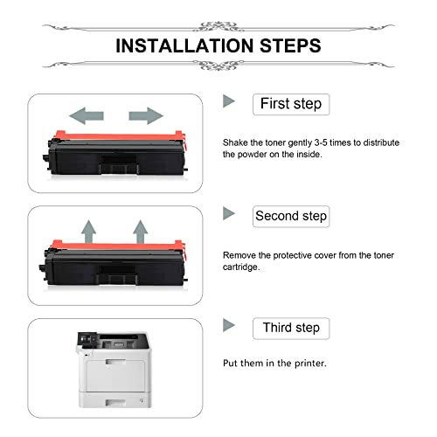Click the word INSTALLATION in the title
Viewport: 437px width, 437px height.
(184, 45)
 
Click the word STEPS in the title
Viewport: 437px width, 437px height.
(290, 45)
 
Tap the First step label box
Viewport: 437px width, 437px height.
(291, 104)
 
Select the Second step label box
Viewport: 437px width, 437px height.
(291, 217)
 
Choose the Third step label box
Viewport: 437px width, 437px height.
(291, 329)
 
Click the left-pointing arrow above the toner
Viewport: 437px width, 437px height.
(87, 115)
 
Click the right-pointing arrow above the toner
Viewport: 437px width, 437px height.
(146, 115)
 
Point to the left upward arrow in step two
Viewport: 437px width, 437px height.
(88, 232)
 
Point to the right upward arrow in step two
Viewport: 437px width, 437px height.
(141, 232)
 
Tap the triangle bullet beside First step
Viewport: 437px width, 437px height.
(229, 101)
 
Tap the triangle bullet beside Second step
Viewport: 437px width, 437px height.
(229, 213)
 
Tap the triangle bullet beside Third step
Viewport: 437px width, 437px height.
(229, 325)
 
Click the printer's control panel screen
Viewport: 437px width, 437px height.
(87, 339)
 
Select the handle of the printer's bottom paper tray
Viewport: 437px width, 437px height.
(115, 403)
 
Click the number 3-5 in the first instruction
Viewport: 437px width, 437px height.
(321, 142)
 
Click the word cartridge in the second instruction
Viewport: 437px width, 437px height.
(241, 267)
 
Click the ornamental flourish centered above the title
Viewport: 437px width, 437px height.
(218, 26)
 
